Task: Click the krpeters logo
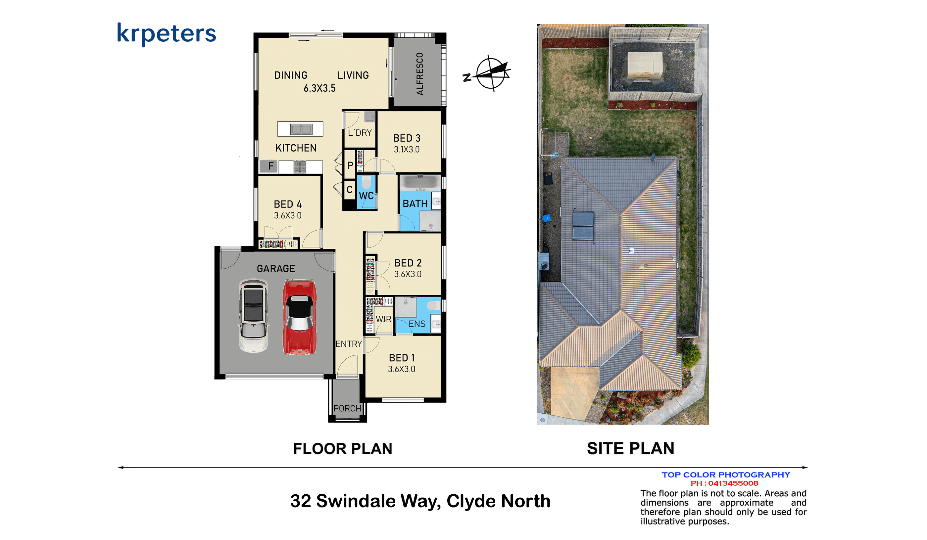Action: pos(166,34)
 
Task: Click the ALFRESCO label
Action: pos(420,74)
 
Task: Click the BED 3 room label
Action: pos(407,138)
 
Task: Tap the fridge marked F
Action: pos(268,166)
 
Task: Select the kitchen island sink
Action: pos(301,129)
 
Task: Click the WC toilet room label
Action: pos(366,196)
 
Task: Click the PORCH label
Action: pos(347,408)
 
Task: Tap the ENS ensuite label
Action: pos(417,324)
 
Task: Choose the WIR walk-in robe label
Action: pos(384,319)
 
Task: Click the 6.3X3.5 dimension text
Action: pos(320,88)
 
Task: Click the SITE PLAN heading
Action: pos(630,448)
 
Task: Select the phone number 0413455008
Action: pos(733,483)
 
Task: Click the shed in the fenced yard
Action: pos(645,66)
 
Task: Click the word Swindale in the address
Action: pos(377,501)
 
